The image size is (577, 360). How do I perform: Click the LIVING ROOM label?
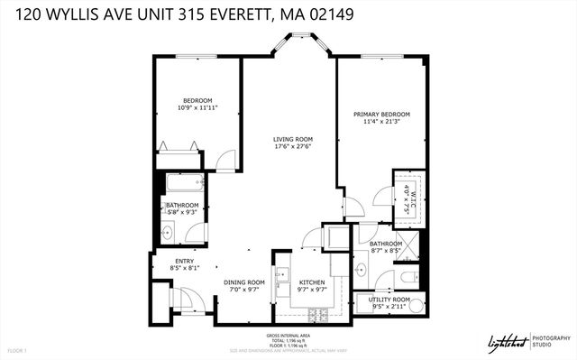pos(293,140)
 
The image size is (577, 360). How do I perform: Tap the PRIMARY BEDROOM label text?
pos(381,115)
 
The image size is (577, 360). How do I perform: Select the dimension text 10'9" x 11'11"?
pos(197,107)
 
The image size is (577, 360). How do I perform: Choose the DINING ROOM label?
pos(243,282)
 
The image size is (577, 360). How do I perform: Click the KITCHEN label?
pos(312,282)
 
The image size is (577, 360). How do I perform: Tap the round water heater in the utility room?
pos(364,304)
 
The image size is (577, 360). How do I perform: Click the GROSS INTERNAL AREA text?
pos(288,334)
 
